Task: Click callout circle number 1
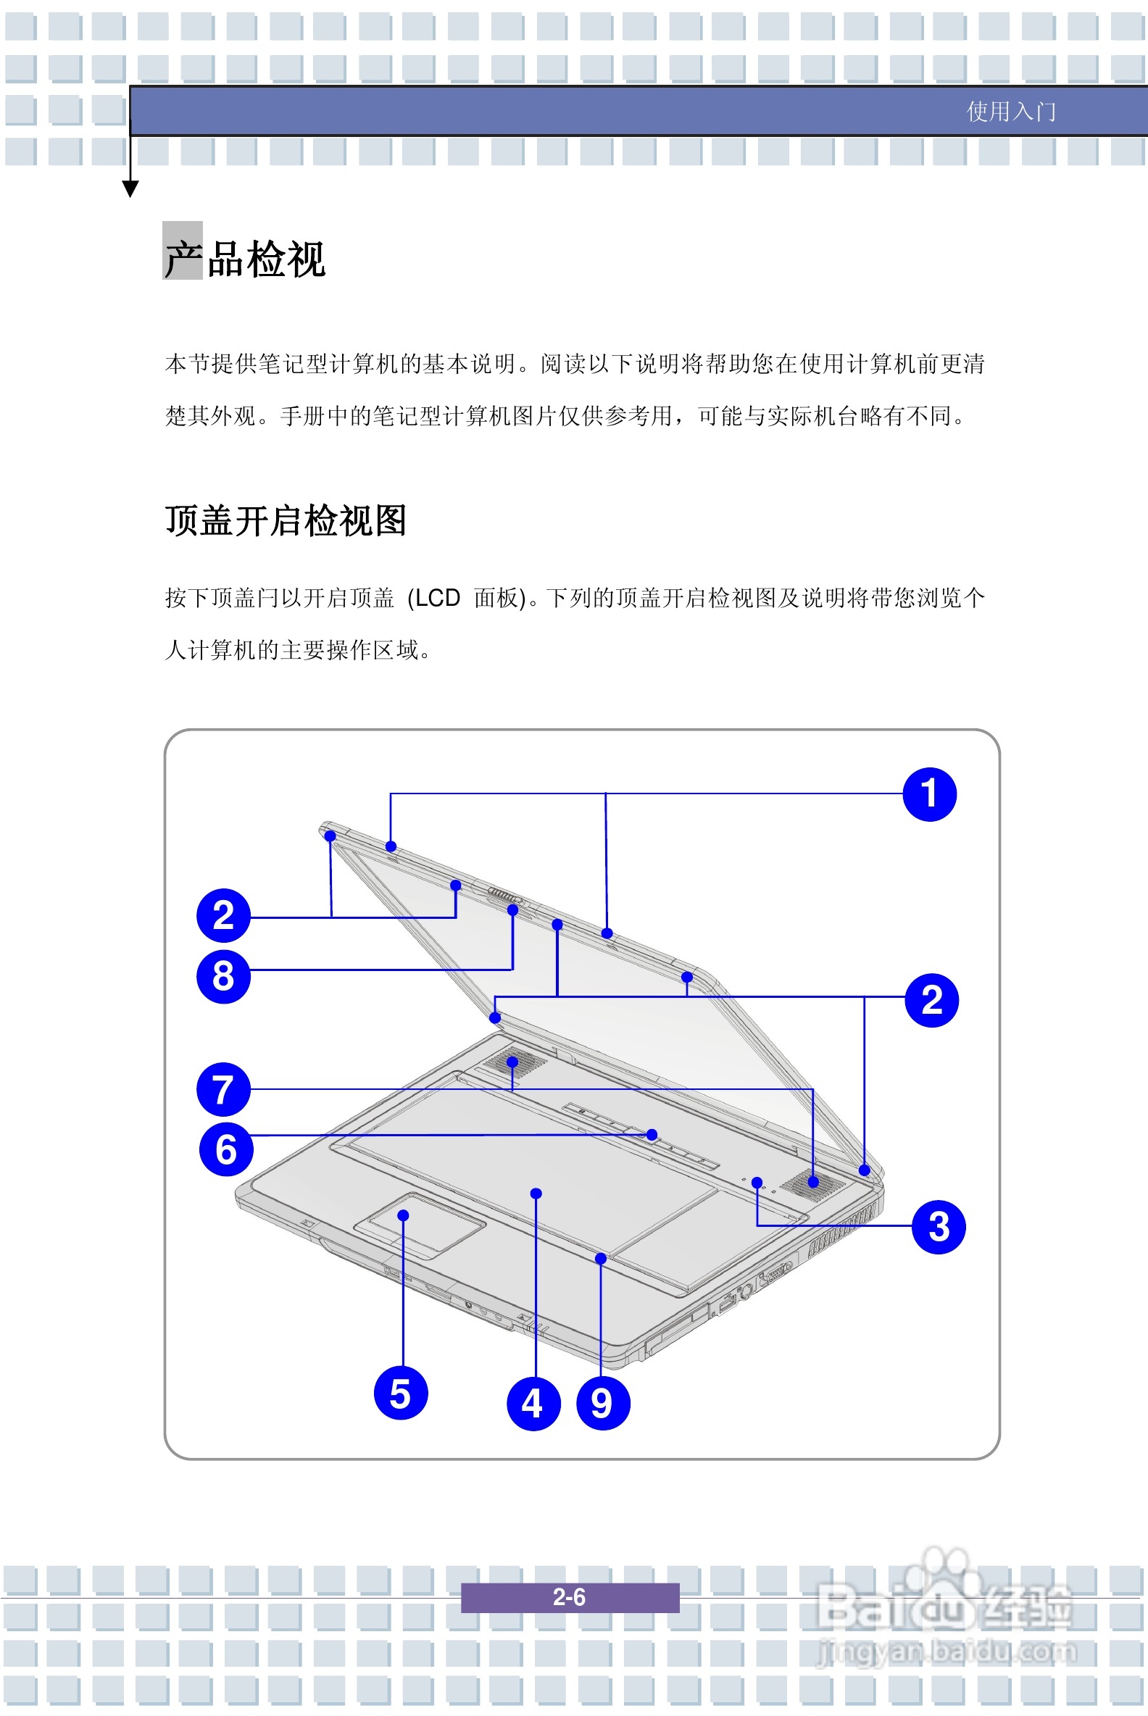(x=929, y=794)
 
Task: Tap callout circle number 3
(x=939, y=1226)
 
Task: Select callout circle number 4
(x=533, y=1403)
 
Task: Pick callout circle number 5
(x=401, y=1392)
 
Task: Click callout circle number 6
(x=226, y=1149)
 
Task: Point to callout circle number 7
(x=224, y=1089)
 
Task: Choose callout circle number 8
(x=224, y=976)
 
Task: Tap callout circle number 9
(x=603, y=1403)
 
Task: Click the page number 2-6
(x=570, y=1596)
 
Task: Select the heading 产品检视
(x=244, y=259)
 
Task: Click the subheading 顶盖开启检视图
(x=286, y=520)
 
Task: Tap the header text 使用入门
(x=1011, y=112)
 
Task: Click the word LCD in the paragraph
(x=437, y=598)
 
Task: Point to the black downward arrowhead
(x=130, y=189)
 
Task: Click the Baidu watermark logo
(x=944, y=1596)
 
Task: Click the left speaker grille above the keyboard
(x=514, y=1062)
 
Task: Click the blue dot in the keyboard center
(x=536, y=1194)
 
